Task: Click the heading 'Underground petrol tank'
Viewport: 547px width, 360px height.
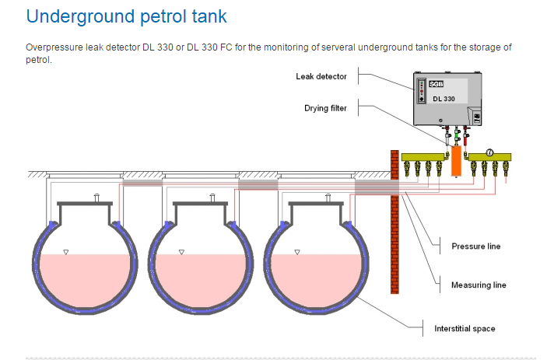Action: click(x=127, y=16)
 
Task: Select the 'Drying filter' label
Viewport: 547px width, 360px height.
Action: click(x=325, y=108)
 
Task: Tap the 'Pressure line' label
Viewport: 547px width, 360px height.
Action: click(x=475, y=246)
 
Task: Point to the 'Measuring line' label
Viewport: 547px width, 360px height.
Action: click(x=479, y=285)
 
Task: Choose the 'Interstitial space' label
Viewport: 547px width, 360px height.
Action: click(x=465, y=328)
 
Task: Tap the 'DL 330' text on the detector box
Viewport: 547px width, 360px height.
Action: click(x=445, y=100)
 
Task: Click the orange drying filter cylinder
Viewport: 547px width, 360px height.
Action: click(x=456, y=162)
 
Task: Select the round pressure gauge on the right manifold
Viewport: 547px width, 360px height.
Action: click(x=490, y=152)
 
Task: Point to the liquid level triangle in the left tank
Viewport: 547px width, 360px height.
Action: click(x=66, y=251)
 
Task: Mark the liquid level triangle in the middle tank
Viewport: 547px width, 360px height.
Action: click(x=181, y=251)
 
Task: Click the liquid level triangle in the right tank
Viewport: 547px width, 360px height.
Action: click(x=297, y=251)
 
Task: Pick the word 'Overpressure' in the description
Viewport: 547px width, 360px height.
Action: click(x=52, y=47)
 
